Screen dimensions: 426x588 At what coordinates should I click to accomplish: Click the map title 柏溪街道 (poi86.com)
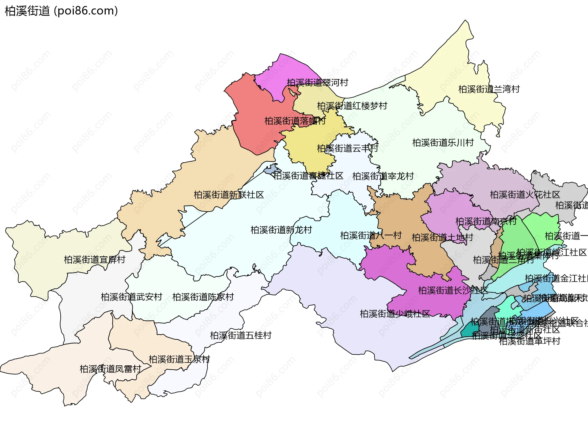tap(61, 11)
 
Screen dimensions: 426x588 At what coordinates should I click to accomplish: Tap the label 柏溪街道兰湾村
tap(489, 89)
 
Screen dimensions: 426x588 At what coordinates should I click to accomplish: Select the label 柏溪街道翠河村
tap(317, 82)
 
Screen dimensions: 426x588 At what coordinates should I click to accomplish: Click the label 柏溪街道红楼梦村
tap(352, 106)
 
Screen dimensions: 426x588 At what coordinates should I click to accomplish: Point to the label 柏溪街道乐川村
tap(443, 142)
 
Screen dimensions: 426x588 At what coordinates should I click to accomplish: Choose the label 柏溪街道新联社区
tap(228, 195)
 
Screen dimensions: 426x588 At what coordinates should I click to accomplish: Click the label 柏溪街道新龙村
tap(281, 230)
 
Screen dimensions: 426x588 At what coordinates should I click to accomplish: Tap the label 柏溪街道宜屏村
tap(94, 260)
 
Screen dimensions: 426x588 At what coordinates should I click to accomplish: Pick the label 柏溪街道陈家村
tap(203, 297)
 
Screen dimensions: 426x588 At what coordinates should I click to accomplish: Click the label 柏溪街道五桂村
tap(240, 335)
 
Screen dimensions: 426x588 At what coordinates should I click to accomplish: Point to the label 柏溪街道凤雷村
tap(110, 369)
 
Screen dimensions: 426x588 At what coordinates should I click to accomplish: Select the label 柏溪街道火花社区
tap(525, 195)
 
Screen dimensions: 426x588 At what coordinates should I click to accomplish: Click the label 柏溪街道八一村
tap(371, 236)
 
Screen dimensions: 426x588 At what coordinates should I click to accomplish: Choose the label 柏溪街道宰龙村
tap(383, 176)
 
